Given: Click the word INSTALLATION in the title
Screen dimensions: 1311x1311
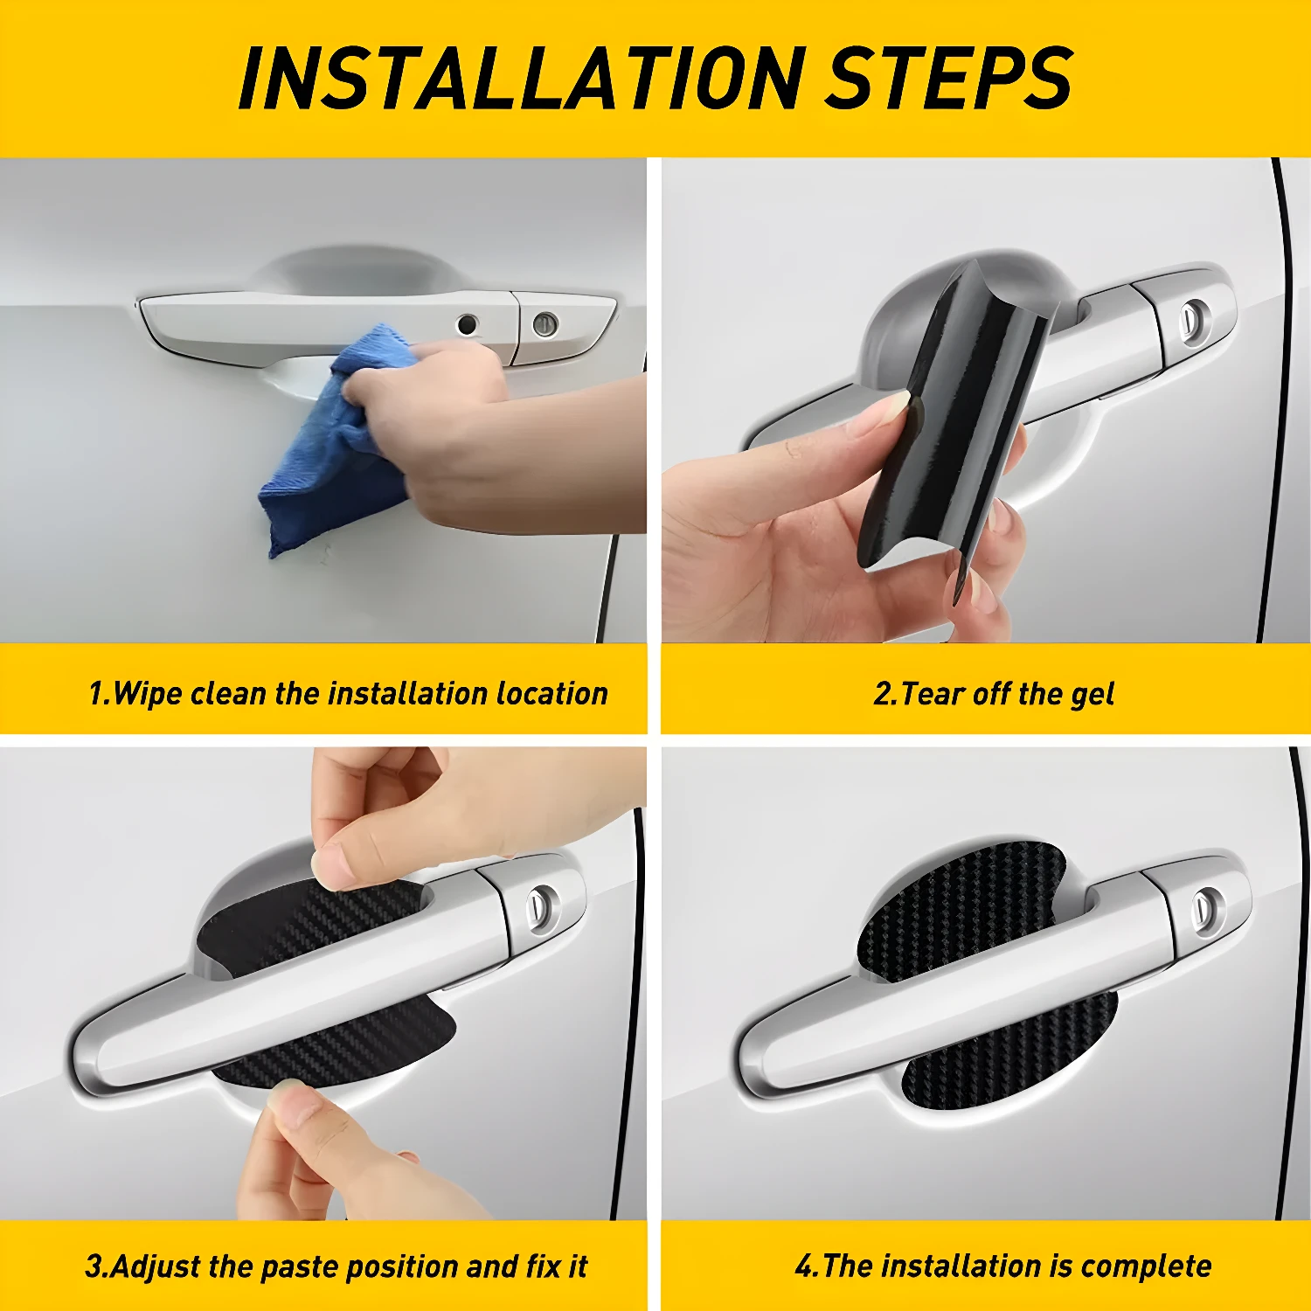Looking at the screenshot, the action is click(x=520, y=78).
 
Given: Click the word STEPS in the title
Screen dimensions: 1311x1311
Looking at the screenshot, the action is click(x=950, y=78).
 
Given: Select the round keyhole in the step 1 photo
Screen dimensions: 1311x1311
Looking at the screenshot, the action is click(x=545, y=324).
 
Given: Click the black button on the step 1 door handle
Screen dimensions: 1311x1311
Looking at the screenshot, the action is click(x=468, y=324).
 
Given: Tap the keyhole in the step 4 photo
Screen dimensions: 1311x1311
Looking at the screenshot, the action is click(x=1209, y=908).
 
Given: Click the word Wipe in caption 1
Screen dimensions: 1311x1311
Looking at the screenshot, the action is click(x=148, y=694).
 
